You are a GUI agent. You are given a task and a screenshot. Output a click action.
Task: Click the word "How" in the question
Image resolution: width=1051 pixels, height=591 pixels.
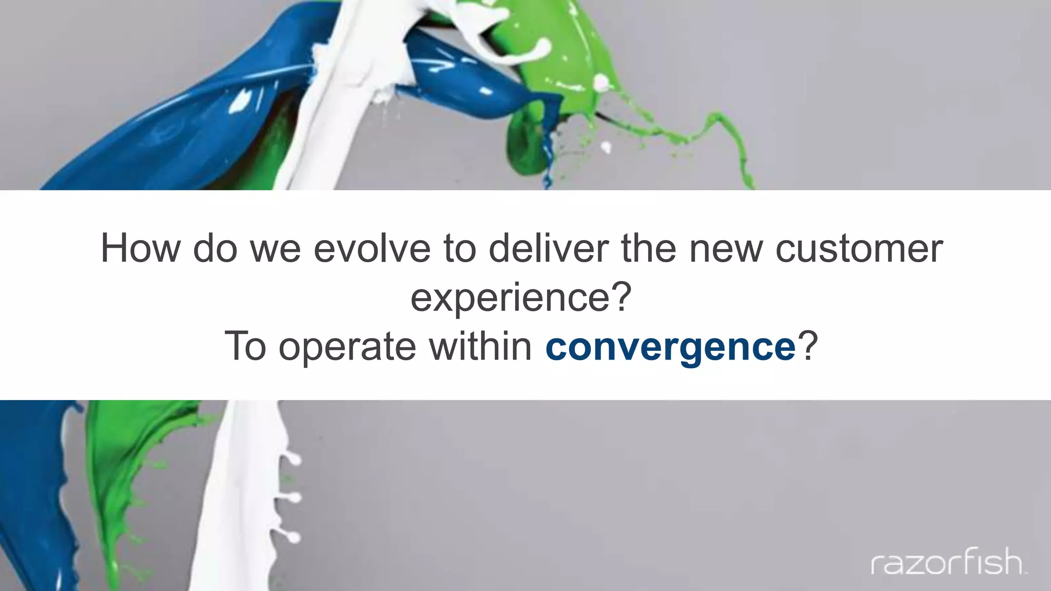[140, 248]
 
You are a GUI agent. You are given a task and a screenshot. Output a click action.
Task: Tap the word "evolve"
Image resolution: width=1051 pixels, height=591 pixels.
[372, 248]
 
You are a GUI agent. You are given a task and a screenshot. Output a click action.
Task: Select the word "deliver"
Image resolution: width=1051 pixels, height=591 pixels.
[548, 248]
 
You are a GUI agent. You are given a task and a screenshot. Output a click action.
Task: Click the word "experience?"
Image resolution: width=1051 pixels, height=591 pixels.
[521, 298]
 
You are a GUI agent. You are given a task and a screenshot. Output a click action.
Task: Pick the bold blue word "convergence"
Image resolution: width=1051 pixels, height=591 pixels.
[670, 347]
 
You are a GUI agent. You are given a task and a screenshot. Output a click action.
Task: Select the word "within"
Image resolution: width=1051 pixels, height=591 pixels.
[480, 347]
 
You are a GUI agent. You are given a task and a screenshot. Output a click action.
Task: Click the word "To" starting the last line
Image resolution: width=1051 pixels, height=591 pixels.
[245, 347]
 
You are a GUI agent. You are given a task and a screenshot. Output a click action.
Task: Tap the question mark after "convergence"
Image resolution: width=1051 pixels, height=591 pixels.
[808, 347]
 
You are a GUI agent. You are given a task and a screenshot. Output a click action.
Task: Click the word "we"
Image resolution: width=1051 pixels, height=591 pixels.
[275, 248]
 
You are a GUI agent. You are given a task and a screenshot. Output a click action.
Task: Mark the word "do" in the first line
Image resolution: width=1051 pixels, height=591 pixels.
[215, 248]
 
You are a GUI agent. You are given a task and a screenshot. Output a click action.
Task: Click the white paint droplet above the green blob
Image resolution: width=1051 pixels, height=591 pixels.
[606, 148]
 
